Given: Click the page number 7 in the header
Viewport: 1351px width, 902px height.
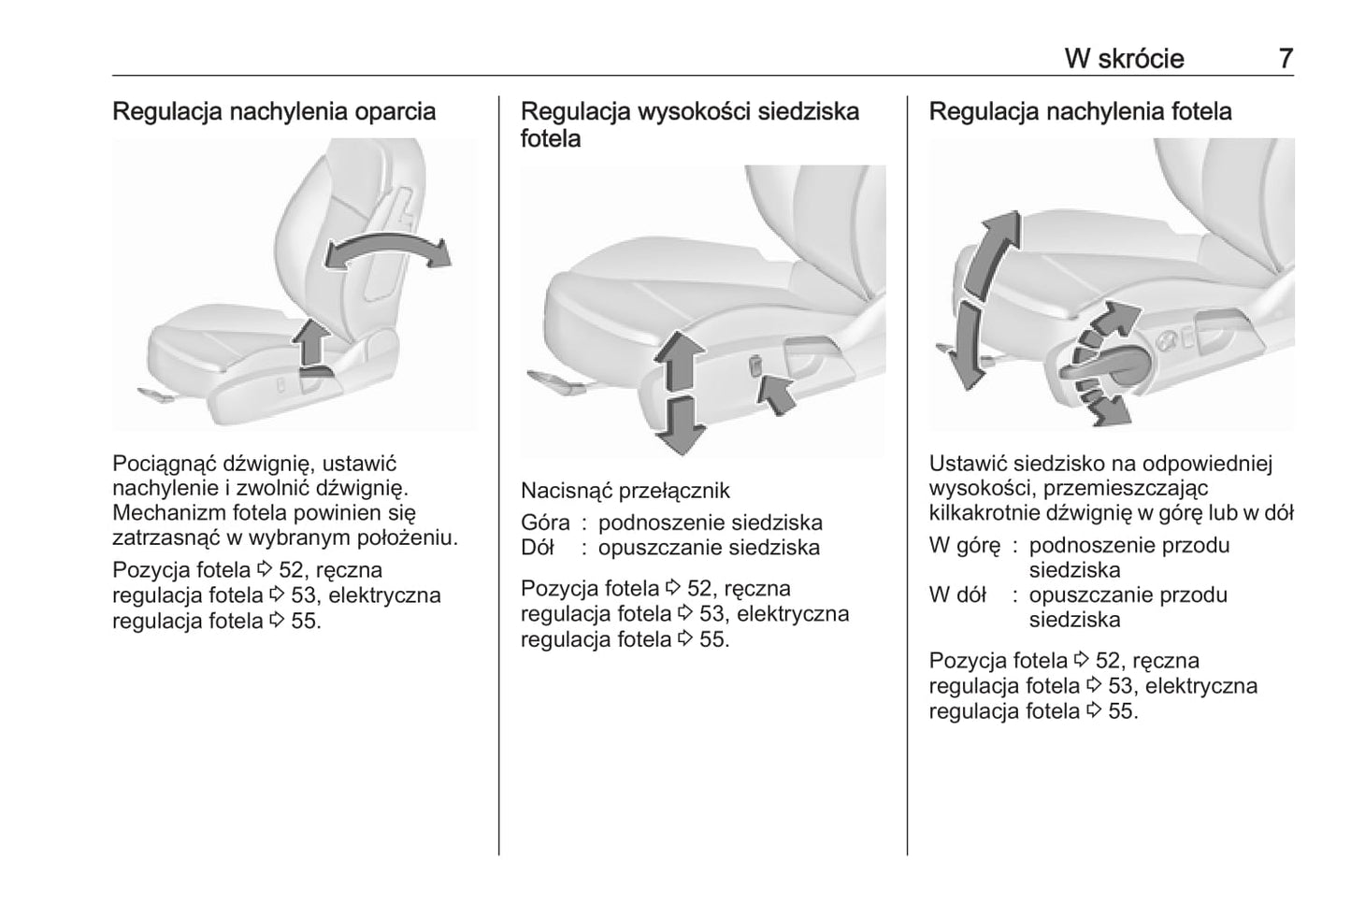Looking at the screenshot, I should [1286, 58].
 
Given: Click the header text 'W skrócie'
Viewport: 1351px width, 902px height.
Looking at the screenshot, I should [1124, 58].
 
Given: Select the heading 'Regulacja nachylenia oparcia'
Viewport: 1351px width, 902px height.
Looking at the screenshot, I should [274, 111].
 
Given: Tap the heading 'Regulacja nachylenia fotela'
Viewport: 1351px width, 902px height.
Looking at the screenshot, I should [1080, 111].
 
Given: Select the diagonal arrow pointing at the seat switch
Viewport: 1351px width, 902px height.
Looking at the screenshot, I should [777, 392].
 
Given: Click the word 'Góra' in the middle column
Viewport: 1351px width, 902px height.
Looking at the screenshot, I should [544, 523].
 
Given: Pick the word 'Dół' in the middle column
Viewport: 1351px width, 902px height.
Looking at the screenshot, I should [538, 548].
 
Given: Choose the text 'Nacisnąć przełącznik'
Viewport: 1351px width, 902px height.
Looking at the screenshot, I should [625, 491].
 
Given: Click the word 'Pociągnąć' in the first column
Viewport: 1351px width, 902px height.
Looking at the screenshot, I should [157, 463].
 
